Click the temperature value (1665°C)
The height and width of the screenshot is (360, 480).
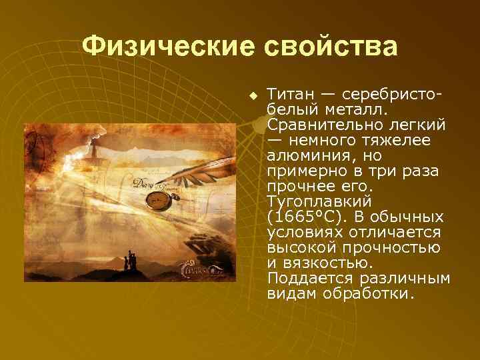[308, 217]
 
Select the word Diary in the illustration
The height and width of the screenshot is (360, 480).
[141, 182]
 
